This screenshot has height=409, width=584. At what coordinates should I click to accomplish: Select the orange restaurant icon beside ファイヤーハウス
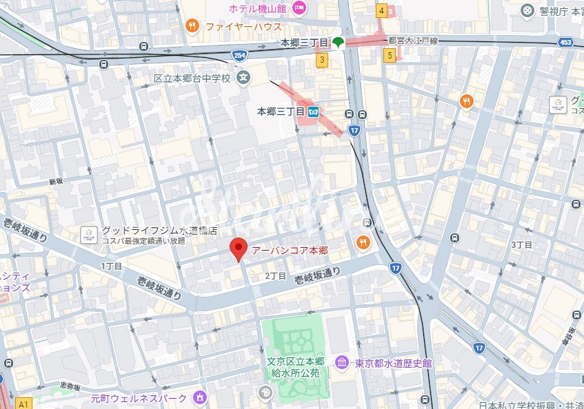192,27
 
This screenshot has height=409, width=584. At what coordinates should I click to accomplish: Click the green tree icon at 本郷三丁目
339,43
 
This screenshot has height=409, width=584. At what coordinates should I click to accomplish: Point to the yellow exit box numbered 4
381,10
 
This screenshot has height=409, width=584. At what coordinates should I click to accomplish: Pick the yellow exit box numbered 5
390,55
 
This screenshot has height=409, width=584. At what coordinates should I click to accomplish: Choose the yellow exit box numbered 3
322,61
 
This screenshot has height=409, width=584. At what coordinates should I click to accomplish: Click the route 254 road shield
239,54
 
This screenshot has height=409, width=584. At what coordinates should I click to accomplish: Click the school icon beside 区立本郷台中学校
243,78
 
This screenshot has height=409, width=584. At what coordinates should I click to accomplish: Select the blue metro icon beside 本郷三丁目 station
314,111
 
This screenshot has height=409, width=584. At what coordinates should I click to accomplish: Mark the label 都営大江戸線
414,41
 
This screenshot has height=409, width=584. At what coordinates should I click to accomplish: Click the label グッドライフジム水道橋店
149,231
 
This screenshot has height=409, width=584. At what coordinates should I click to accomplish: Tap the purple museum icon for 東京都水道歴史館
341,363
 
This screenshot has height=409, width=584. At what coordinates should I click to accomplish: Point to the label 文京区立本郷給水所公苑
294,368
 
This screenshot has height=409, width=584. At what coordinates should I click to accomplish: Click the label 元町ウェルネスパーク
139,398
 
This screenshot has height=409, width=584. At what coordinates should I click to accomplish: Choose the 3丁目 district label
521,244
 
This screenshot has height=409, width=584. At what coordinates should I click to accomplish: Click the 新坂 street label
56,182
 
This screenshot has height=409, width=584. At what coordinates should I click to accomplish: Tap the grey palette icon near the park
265,392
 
